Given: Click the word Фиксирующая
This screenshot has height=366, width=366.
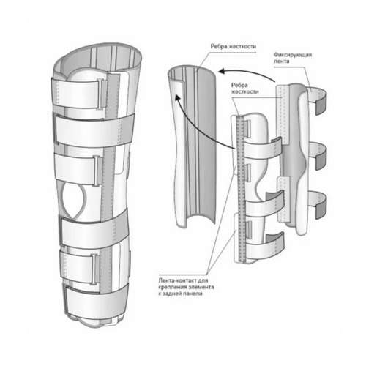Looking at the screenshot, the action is (293, 54).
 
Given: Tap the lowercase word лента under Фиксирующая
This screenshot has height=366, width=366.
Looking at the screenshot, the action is (281, 61).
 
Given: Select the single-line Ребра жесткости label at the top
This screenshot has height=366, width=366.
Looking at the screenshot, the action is (234, 46).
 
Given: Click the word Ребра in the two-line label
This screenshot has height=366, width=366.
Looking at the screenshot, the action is (239, 85).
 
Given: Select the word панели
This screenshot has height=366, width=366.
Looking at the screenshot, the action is (195, 294).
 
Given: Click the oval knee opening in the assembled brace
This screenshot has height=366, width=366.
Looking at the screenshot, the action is (75, 201).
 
